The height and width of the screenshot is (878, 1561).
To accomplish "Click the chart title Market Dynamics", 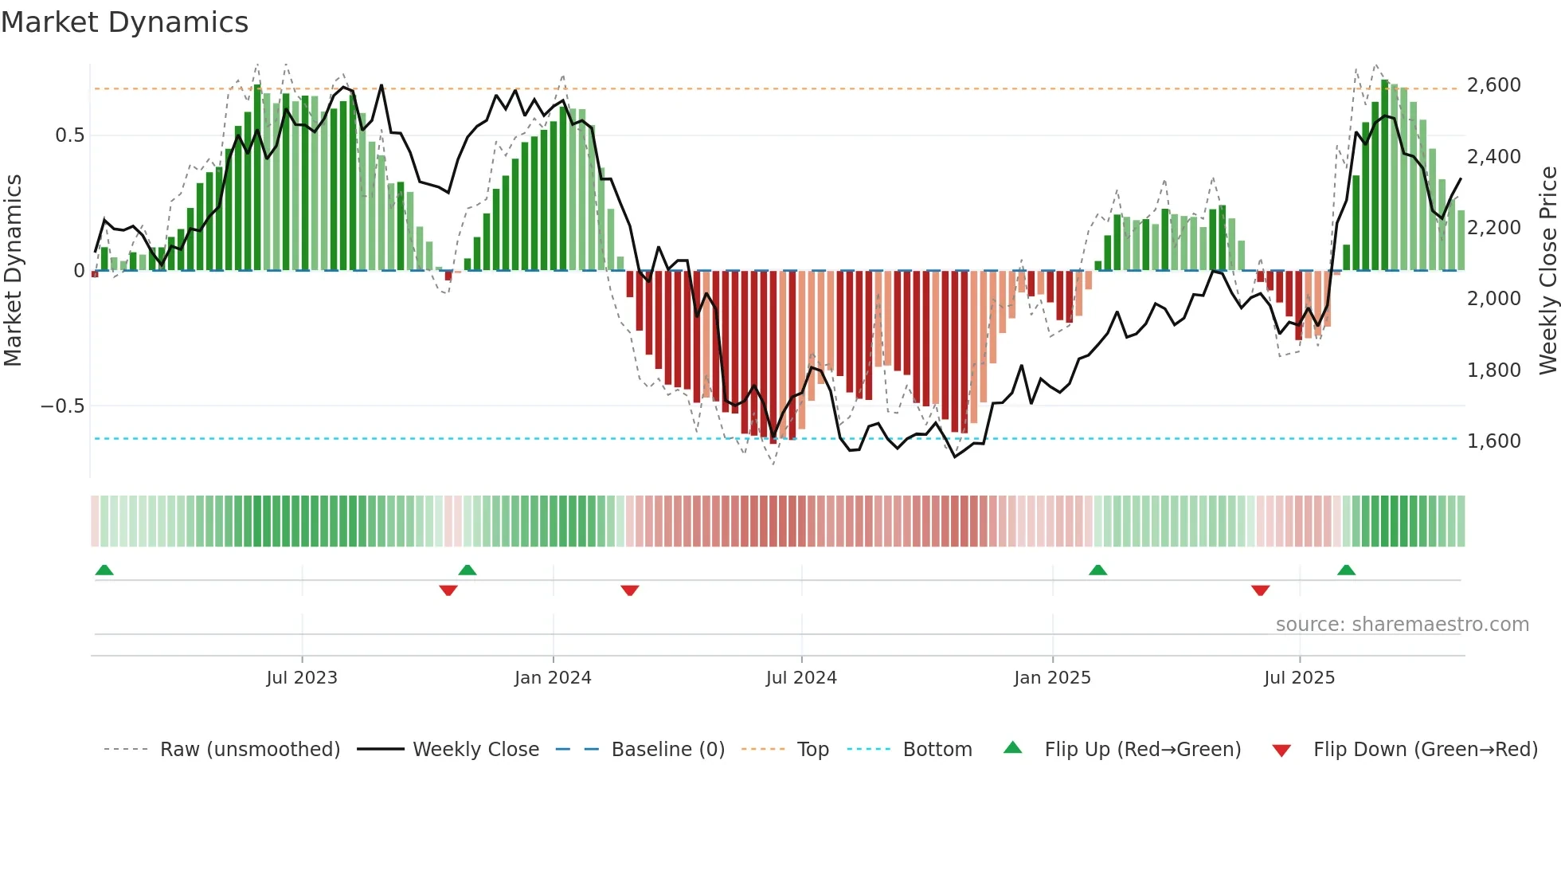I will point(124,22).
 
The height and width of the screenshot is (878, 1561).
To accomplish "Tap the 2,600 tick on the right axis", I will point(1493,85).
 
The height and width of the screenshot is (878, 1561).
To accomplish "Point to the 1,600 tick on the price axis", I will point(1493,441).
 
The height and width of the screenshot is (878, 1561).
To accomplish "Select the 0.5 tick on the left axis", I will point(69,135).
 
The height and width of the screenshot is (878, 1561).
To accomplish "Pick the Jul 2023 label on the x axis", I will point(302,678).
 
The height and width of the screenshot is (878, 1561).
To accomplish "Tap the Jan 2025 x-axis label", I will point(1052,678).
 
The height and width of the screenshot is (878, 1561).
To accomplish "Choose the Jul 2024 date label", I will point(801,678).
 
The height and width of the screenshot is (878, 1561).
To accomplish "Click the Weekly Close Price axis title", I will point(1547,271).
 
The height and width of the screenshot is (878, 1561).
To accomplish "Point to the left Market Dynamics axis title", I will point(13,271).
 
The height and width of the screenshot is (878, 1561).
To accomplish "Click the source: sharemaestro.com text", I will point(1402,625).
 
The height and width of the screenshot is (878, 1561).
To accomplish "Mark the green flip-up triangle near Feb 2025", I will point(1097,570).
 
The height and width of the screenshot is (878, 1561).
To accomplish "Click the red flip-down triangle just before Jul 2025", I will point(1260,590).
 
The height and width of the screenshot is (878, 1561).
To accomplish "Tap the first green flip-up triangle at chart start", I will point(104,570).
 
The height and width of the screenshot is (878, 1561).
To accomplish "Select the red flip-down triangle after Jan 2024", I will point(630,590).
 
